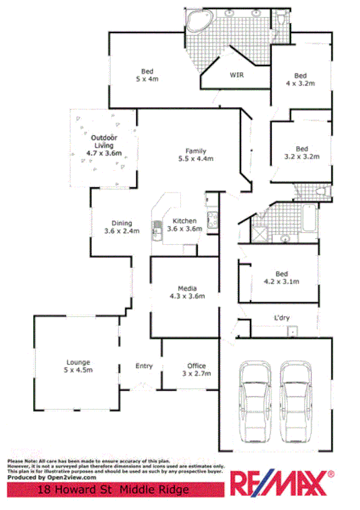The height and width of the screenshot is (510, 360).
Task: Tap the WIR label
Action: click(x=236, y=75)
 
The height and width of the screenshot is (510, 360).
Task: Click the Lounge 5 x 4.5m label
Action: click(x=78, y=366)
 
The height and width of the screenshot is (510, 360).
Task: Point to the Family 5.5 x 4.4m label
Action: click(x=196, y=155)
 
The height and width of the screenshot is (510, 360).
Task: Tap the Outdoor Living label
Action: click(x=104, y=146)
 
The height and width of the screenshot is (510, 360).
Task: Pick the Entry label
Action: click(x=144, y=366)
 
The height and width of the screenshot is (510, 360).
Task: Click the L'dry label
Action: click(x=282, y=317)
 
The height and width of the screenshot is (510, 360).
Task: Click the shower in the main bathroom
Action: click(x=260, y=233)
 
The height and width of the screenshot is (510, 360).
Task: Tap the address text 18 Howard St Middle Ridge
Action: click(x=114, y=490)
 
